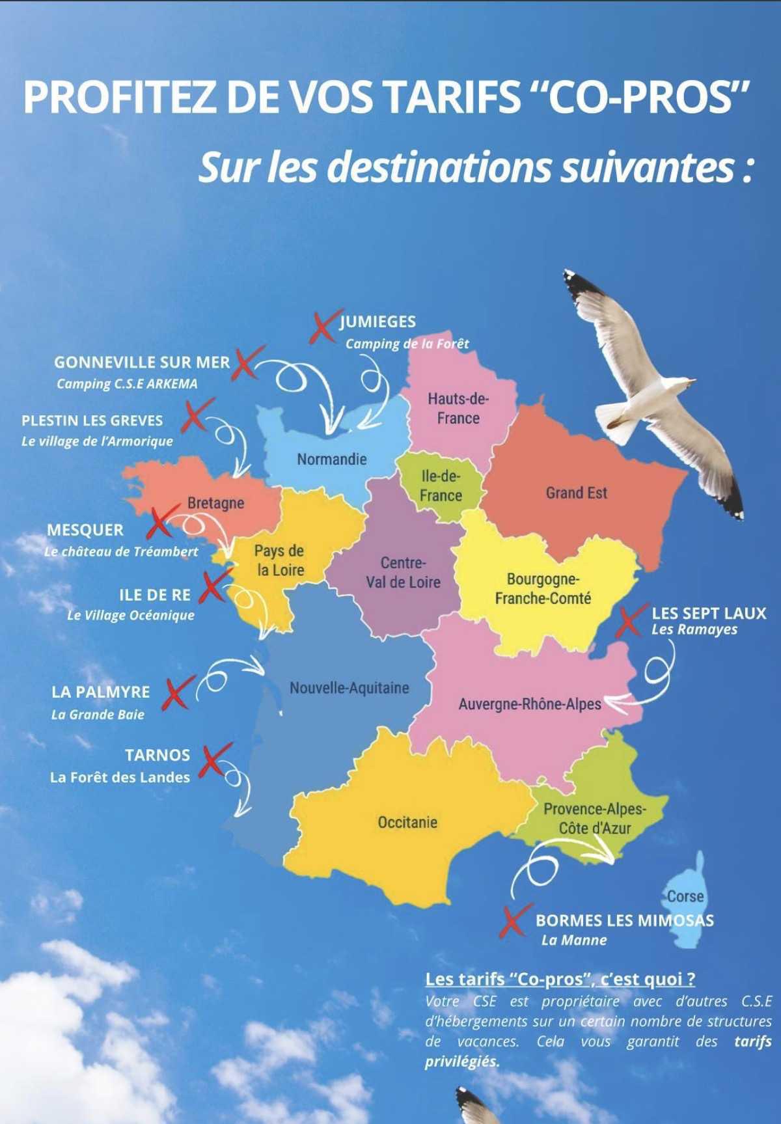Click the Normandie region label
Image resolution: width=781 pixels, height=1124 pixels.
pyautogui.click(x=332, y=459)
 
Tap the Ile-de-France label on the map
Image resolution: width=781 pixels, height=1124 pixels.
pyautogui.click(x=441, y=486)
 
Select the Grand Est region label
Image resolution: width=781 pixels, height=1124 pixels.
pyautogui.click(x=576, y=493)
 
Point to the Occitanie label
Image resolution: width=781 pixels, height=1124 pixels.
pyautogui.click(x=407, y=823)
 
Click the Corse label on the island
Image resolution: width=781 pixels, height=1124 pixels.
pyautogui.click(x=685, y=896)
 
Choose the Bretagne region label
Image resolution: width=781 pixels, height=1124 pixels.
pyautogui.click(x=215, y=503)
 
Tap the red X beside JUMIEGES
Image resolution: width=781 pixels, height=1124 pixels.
pyautogui.click(x=322, y=327)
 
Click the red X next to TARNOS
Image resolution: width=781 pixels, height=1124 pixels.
pyautogui.click(x=215, y=760)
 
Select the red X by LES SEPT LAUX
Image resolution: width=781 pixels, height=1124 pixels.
pyautogui.click(x=629, y=622)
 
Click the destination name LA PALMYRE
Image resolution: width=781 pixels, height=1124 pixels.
pyautogui.click(x=101, y=692)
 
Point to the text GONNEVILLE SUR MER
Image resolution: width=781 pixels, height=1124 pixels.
pyautogui.click(x=142, y=363)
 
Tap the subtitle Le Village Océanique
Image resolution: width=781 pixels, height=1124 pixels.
pyautogui.click(x=131, y=615)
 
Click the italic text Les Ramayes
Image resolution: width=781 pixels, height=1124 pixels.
pyautogui.click(x=694, y=629)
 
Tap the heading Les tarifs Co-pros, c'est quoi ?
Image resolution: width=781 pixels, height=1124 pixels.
pyautogui.click(x=560, y=980)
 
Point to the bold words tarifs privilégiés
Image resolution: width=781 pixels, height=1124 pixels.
pyautogui.click(x=752, y=1041)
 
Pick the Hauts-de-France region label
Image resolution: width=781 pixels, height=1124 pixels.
pyautogui.click(x=458, y=409)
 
